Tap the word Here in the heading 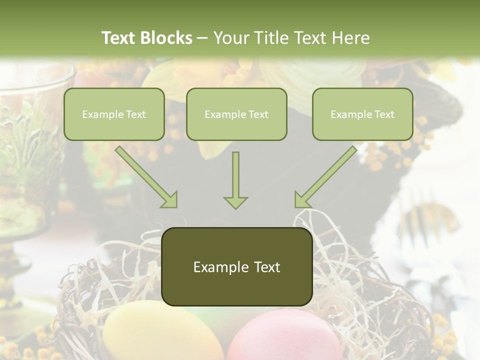(x=349, y=38)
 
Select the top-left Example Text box (x=114, y=114)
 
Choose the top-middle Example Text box (x=236, y=114)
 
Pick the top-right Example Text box (x=362, y=114)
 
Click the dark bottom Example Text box (x=237, y=267)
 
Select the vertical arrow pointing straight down (x=235, y=180)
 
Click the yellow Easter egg (x=162, y=332)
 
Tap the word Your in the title (x=231, y=38)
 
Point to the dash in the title (x=202, y=38)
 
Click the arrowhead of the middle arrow (x=235, y=202)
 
